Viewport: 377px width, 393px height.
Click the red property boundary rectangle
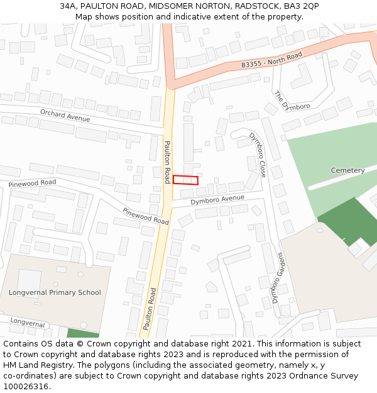185,180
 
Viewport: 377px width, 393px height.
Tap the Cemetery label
347,170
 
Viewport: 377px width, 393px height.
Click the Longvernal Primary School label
55,292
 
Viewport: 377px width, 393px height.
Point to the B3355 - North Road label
271,60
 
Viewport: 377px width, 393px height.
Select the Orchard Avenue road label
65,116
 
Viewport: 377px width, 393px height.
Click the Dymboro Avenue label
217,199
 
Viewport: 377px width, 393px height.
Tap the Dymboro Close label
258,155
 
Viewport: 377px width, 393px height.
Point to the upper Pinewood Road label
32,183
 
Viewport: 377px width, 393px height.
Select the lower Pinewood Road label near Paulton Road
146,216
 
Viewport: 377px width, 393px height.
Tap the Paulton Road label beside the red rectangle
167,162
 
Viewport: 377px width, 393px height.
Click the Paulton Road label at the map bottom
149,309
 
